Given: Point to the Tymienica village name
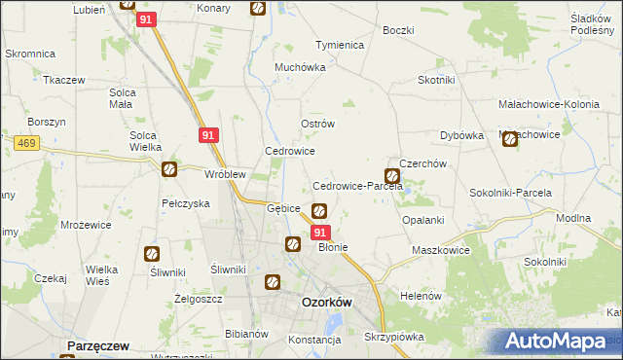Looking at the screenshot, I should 339,46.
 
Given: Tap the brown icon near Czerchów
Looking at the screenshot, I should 392,176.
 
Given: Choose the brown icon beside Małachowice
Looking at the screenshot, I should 511,140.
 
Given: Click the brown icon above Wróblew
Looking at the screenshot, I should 168,169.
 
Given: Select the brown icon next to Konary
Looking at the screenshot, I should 257,9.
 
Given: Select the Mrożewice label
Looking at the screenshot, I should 84,223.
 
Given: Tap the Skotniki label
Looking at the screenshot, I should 437,81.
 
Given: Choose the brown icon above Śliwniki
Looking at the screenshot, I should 152,255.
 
